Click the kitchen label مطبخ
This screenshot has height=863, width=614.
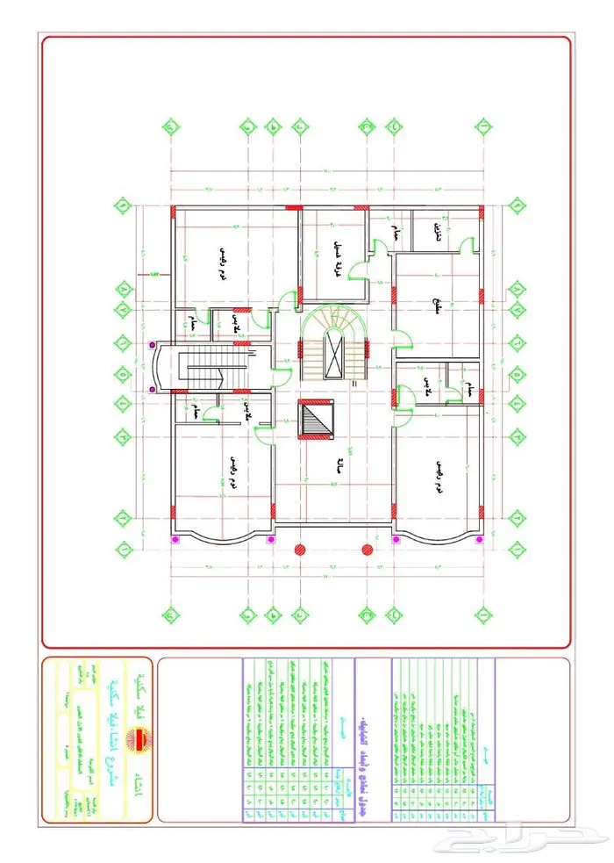click(436, 307)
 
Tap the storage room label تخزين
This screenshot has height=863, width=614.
click(437, 231)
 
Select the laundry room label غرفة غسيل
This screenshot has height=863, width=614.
click(334, 257)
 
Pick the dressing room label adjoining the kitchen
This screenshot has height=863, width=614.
click(426, 384)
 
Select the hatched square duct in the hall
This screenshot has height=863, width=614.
click(316, 420)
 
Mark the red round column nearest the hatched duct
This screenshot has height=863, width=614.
click(301, 549)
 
